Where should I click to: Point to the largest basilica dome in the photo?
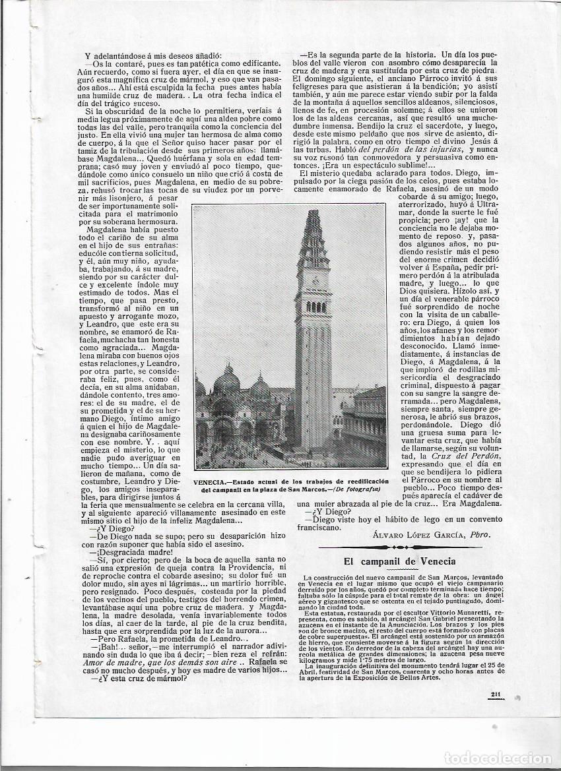[x=226, y=381]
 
